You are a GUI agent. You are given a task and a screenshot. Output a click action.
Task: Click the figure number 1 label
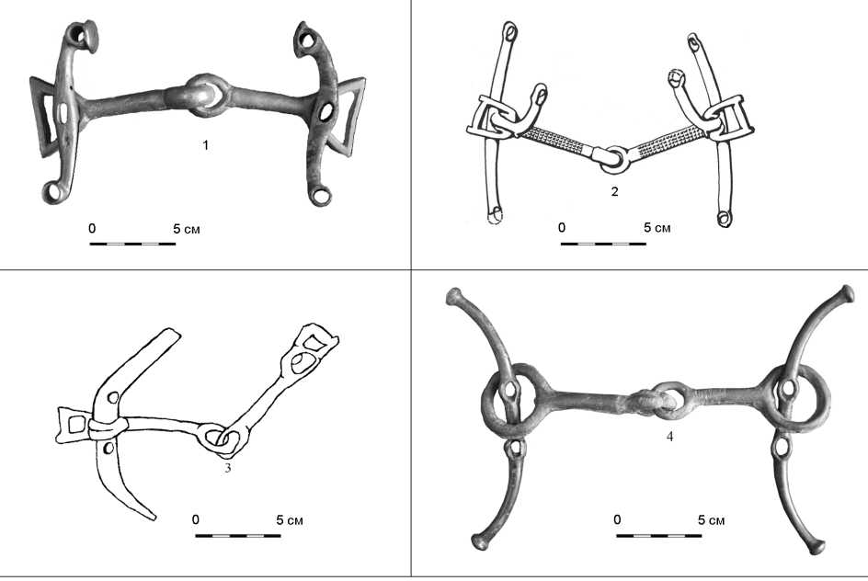[205, 145]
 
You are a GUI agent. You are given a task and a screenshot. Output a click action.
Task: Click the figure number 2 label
[614, 192]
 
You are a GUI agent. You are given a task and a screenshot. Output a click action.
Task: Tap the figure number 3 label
[227, 469]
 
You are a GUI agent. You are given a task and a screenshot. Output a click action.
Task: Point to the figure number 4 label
[669, 437]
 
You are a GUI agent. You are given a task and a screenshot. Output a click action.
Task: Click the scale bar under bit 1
[132, 244]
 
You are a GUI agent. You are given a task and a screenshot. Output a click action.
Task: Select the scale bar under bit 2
[603, 244]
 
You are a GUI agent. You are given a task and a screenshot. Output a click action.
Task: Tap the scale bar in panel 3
[238, 536]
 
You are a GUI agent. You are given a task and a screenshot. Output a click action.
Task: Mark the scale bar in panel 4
[658, 536]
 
